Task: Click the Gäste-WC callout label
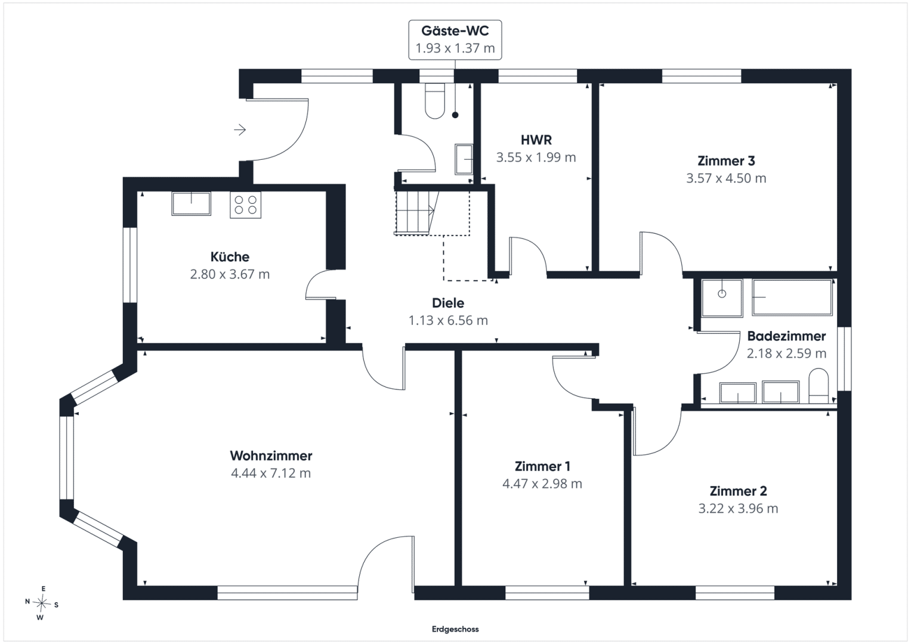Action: coord(455,40)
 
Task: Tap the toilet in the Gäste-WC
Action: coord(435,101)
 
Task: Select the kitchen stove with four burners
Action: coord(245,205)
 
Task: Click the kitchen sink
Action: coord(191,203)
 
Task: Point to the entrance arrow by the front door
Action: coord(240,130)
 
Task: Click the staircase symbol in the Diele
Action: coord(416,213)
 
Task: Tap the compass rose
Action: coord(42,603)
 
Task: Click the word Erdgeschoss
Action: coord(455,629)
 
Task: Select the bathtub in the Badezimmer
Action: coord(792,297)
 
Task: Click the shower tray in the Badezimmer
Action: coord(722,297)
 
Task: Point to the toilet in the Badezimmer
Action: coord(819,386)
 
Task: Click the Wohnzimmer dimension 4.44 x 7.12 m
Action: coord(271,473)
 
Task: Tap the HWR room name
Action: coord(536,140)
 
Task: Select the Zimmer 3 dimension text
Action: coord(726,178)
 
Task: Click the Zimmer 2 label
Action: coord(738,491)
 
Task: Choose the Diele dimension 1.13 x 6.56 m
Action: coord(448,320)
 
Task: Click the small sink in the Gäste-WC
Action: coord(464,159)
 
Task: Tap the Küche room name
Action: coord(230,256)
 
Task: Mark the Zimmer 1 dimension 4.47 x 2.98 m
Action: coord(542,484)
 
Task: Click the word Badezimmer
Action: coord(786,336)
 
